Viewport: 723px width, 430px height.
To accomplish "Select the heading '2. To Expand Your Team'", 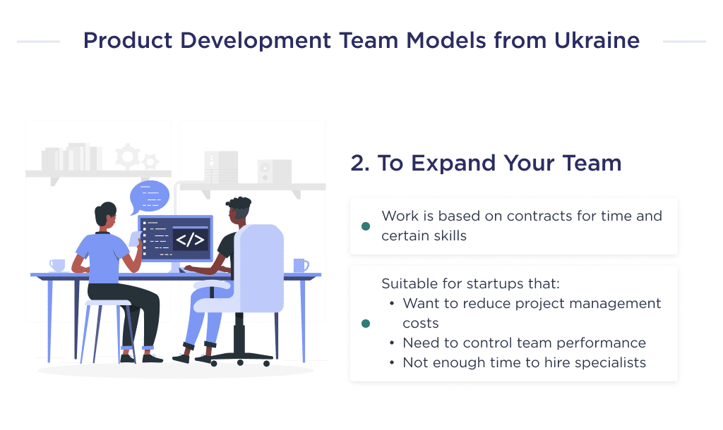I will tap(486, 163).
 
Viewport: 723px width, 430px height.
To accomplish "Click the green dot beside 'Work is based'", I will tap(365, 226).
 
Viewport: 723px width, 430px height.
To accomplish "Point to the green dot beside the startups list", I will tap(365, 324).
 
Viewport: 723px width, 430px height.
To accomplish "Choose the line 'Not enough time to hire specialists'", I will tap(523, 362).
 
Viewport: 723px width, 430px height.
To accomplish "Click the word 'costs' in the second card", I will tap(420, 324).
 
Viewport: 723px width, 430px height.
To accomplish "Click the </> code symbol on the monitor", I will tap(190, 240).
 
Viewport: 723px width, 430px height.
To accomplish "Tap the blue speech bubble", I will tap(150, 196).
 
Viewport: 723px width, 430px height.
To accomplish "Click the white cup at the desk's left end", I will tap(57, 265).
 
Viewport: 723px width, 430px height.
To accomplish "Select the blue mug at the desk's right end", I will tap(300, 265).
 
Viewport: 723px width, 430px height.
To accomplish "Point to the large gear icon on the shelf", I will tap(128, 156).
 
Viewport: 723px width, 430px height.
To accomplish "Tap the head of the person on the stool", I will tap(106, 215).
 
